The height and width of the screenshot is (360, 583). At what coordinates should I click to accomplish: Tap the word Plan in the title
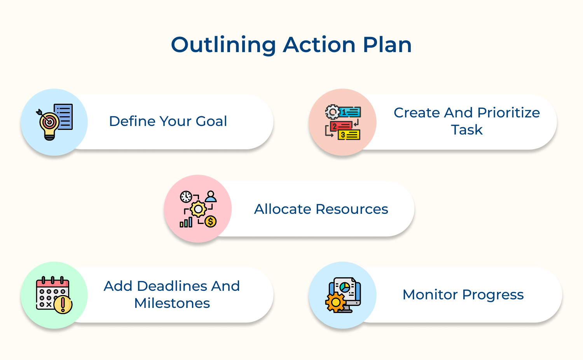point(387,45)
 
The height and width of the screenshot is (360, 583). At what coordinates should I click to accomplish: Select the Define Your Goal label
point(168,121)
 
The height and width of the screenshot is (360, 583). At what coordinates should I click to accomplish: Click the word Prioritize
point(508,113)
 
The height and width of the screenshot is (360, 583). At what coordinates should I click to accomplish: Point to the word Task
point(467,130)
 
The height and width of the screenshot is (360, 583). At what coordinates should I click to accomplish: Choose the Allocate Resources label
point(321,209)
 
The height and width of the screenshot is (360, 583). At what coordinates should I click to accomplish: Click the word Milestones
point(172,303)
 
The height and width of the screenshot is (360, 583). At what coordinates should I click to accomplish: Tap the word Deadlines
point(172,286)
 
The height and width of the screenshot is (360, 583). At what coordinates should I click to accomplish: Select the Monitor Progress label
point(463,295)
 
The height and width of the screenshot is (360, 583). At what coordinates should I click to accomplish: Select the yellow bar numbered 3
point(349,135)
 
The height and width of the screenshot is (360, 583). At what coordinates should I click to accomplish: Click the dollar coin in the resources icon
point(210,222)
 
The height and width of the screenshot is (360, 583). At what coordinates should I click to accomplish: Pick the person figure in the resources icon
point(211,196)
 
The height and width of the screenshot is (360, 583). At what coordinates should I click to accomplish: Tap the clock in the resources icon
point(186,197)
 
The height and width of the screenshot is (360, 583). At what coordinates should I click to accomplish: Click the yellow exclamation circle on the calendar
point(63,305)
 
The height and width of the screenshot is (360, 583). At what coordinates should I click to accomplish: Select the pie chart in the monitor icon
point(345,288)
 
